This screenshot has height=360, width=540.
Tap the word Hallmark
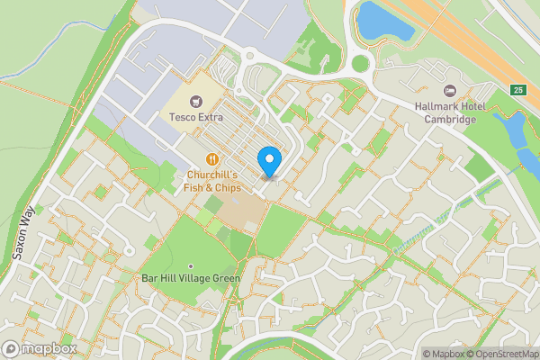point(437,107)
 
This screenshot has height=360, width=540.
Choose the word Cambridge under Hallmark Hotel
point(450,121)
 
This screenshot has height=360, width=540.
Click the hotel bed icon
point(450,90)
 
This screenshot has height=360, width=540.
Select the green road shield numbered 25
point(517,90)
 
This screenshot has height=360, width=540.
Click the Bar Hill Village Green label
point(191,279)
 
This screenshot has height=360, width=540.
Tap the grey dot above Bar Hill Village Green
point(191,265)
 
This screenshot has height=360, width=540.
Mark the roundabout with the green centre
point(362,63)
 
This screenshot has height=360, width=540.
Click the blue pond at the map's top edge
point(384,20)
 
